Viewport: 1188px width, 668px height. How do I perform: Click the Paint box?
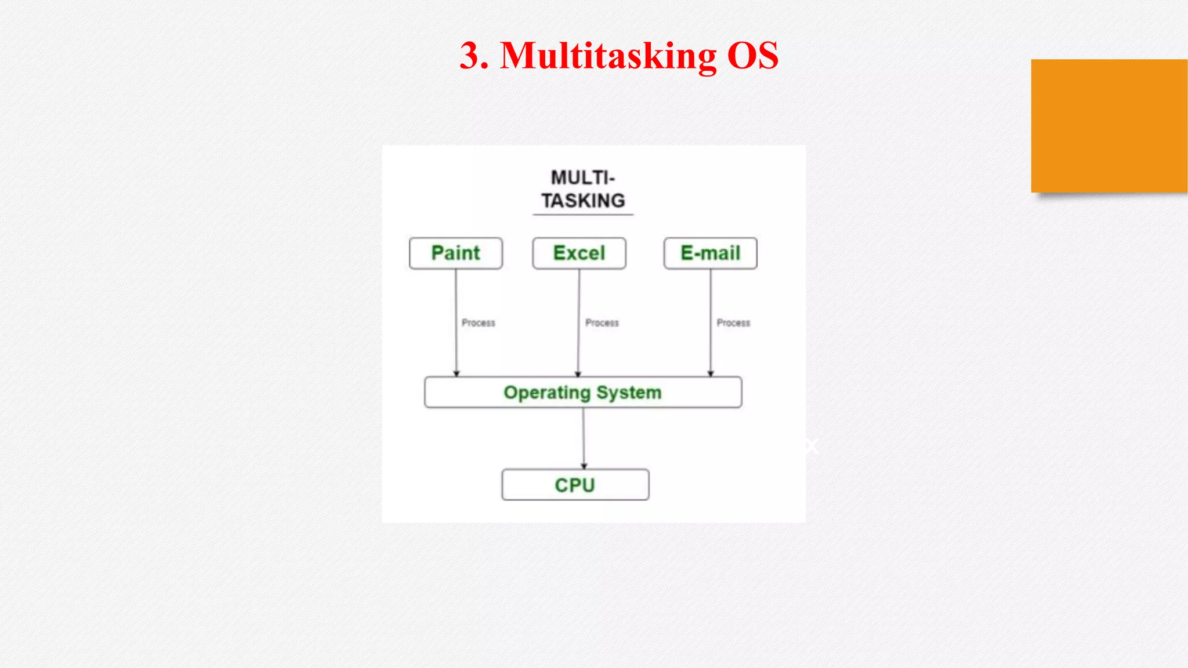(x=456, y=253)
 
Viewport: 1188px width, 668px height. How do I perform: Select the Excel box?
(x=579, y=253)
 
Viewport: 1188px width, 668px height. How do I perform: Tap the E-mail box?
(x=710, y=253)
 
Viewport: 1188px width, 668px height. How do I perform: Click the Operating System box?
(x=583, y=393)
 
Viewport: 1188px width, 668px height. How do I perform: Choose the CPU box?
(x=575, y=485)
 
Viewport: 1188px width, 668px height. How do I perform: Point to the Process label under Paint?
(x=479, y=323)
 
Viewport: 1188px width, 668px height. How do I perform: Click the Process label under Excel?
(x=602, y=323)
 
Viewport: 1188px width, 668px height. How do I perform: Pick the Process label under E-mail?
(x=733, y=323)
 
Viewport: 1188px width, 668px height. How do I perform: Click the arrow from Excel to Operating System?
(x=578, y=348)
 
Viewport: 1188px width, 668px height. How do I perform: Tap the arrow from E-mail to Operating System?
(x=711, y=348)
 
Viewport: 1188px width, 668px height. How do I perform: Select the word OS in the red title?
(x=752, y=56)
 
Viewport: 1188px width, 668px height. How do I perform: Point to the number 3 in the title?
(x=471, y=56)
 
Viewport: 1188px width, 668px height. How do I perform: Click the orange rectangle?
(x=1109, y=126)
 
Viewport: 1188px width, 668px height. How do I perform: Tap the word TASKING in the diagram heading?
(x=583, y=201)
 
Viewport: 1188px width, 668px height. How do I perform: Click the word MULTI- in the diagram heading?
(x=583, y=177)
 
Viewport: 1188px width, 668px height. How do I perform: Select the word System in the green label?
(x=629, y=393)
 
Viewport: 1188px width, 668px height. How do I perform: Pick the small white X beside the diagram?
(x=811, y=446)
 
